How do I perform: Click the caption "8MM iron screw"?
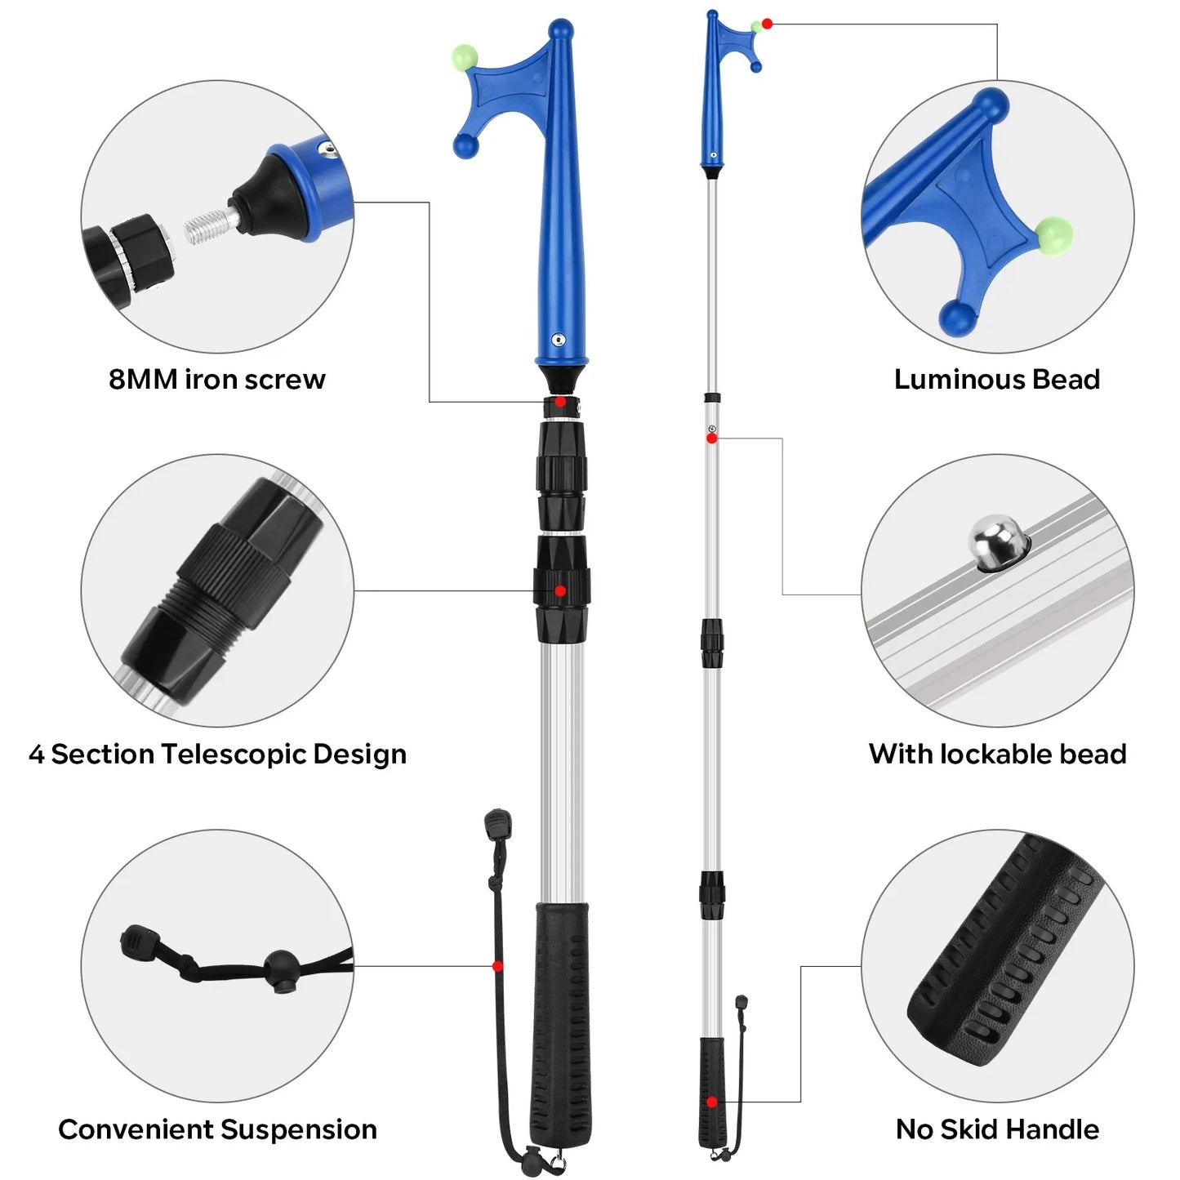[x=216, y=380]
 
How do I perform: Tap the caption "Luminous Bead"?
[x=996, y=380]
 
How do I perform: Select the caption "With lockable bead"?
[x=997, y=754]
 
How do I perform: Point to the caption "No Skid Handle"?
[x=997, y=1129]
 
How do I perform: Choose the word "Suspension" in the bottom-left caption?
[x=298, y=1129]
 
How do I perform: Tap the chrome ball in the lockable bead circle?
[x=994, y=541]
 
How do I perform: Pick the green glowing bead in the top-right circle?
[x=1053, y=234]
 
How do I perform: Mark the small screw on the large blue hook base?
[x=559, y=339]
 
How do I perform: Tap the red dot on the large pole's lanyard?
[x=497, y=966]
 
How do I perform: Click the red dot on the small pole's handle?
[x=712, y=1102]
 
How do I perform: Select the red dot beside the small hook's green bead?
[x=767, y=24]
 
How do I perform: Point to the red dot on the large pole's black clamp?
[x=560, y=590]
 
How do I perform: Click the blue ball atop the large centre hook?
[x=560, y=30]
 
